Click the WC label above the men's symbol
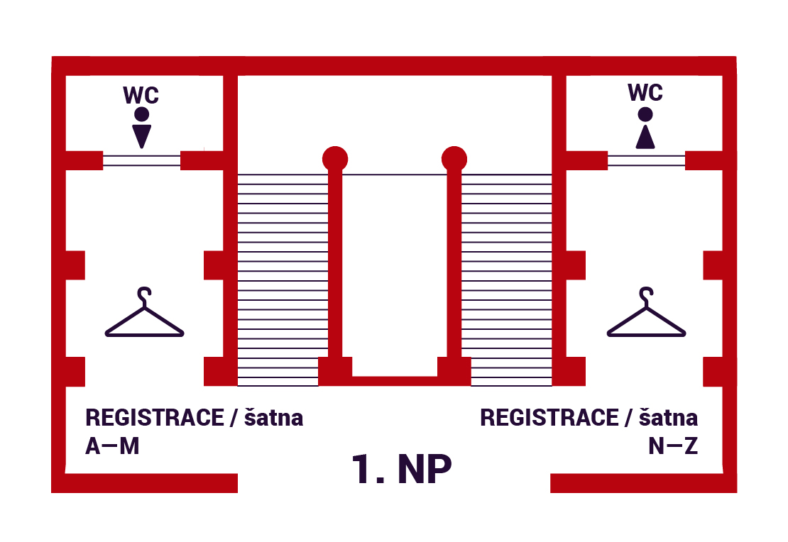tap(141, 95)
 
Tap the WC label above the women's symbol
tap(645, 93)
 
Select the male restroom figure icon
tap(142, 128)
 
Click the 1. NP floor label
tap(402, 469)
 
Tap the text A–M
tap(111, 448)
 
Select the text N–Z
tap(672, 448)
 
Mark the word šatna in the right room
tap(669, 418)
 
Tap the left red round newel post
tap(335, 158)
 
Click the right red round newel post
tap(454, 158)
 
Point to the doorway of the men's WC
tap(142, 160)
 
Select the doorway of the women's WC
tap(646, 160)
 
